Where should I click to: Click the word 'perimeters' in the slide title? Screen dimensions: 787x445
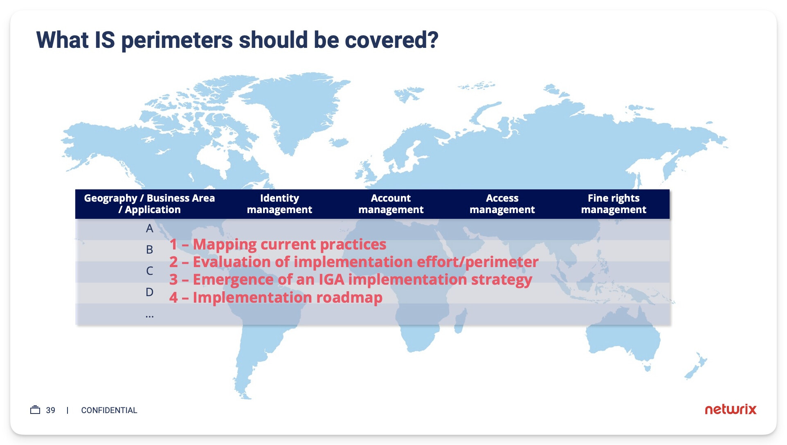click(177, 41)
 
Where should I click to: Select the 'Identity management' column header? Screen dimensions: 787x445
click(279, 204)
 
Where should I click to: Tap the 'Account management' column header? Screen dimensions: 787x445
click(391, 204)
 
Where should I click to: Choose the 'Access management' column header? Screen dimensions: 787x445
click(502, 204)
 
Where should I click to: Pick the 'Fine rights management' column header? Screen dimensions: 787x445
click(614, 204)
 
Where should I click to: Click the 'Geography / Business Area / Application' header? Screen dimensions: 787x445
click(149, 204)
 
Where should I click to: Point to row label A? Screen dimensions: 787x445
click(150, 228)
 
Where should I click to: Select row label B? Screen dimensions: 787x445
click(150, 249)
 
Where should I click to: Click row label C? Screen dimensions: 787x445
click(150, 271)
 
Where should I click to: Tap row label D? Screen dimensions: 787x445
click(150, 292)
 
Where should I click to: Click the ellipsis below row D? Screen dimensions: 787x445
click(150, 316)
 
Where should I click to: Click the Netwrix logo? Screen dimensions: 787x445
click(731, 409)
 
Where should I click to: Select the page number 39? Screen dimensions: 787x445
click(50, 410)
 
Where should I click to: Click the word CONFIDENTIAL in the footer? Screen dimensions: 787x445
click(109, 410)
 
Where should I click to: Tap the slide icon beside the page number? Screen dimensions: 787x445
click(35, 410)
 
